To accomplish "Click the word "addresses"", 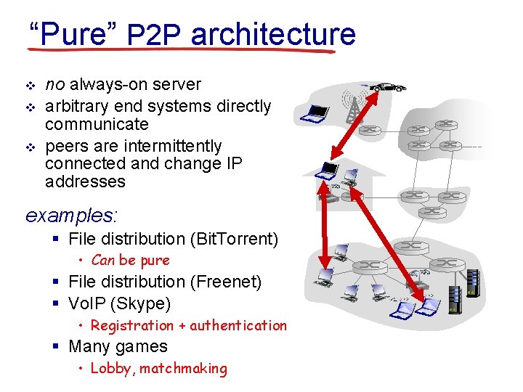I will [85, 181].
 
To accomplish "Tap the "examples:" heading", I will [71, 216].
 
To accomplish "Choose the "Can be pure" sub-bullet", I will [130, 261].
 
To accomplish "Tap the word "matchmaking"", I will [183, 369].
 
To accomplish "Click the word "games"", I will [143, 347].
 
